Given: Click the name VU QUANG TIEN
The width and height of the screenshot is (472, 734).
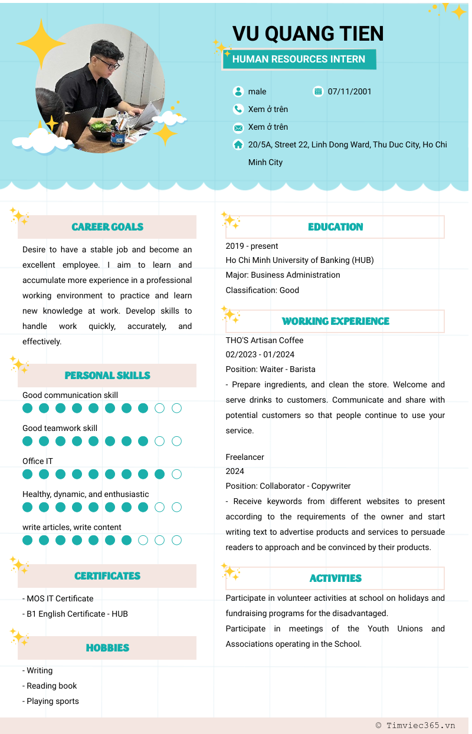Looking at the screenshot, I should pos(308,34).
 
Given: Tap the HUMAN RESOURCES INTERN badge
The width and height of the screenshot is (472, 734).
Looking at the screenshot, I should pos(299,59).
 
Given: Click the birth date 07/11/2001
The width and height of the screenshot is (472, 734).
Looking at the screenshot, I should pos(350,91).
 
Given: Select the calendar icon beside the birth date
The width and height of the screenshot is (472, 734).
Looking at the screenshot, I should pos(319,91).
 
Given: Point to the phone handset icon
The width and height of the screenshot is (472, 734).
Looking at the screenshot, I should pos(238,109).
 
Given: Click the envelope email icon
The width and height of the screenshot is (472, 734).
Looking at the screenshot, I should pos(238,127).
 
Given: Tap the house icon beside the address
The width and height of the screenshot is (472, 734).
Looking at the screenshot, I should pos(238,144).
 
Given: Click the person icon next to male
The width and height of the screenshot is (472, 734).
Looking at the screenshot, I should pos(238,91).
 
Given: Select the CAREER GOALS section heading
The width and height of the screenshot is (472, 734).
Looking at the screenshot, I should pos(107,227).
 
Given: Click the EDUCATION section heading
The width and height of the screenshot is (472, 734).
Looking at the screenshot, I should pos(335,227).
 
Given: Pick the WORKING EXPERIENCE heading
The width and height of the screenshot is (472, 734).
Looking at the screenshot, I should pos(335,321).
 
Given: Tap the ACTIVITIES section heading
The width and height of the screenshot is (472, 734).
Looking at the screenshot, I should pos(335,578).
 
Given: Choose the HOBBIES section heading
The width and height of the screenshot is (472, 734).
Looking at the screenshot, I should pos(107,648).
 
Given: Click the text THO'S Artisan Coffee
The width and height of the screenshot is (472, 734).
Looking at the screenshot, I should pos(264,340).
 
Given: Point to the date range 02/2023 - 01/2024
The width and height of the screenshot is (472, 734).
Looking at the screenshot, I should pos(260,354).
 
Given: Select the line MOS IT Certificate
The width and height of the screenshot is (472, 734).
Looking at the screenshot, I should pos(60,598).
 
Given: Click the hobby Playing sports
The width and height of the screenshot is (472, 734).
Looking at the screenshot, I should pos(53,701).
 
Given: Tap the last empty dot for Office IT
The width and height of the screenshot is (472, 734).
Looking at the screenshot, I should pos(176,474).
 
